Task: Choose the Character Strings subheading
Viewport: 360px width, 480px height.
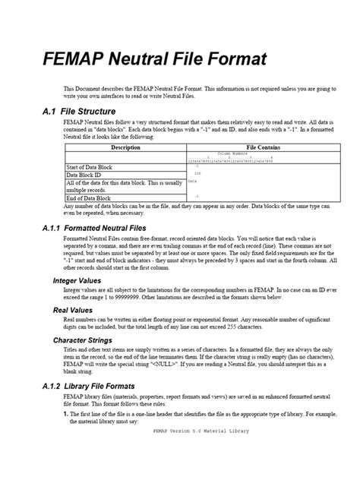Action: [x=83, y=340]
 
